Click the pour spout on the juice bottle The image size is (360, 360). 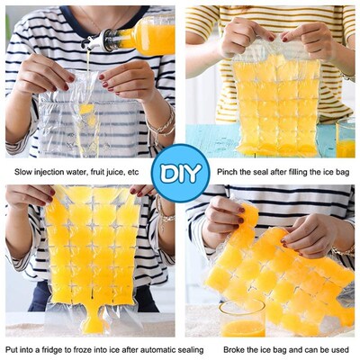click(x=92, y=40)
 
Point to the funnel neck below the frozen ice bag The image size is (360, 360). click(x=93, y=316)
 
